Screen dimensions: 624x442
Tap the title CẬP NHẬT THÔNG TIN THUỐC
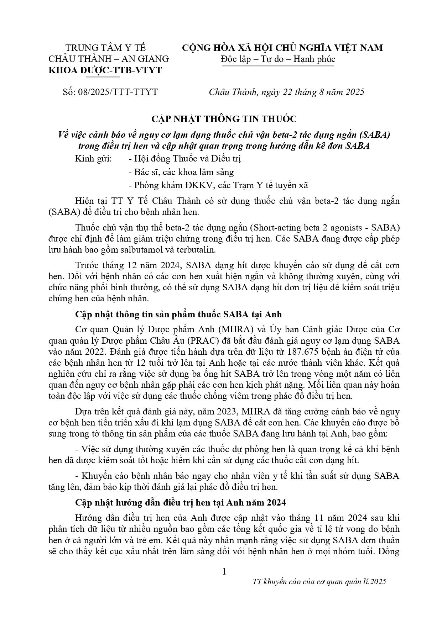(x=221, y=118)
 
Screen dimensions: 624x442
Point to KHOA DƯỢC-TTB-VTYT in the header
(x=105, y=70)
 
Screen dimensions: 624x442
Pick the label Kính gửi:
(x=93, y=159)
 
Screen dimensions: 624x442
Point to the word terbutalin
(x=196, y=249)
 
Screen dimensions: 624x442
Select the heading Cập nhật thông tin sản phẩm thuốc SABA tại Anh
(x=178, y=314)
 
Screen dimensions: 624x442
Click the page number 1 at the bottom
(x=224, y=572)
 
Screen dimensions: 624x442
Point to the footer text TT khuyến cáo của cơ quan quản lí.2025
(x=319, y=582)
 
